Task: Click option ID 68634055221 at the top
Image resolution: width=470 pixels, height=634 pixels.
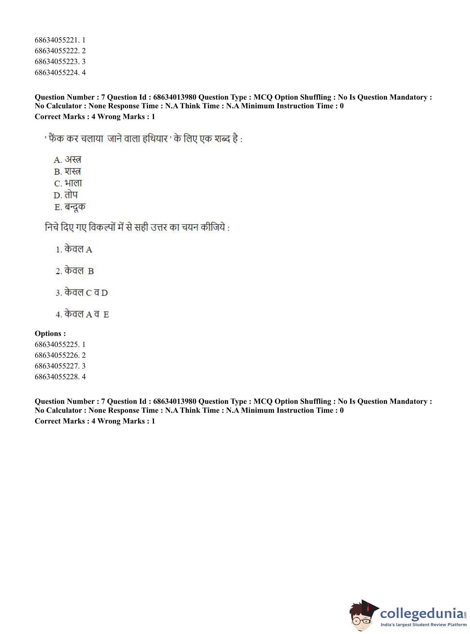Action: [60, 40]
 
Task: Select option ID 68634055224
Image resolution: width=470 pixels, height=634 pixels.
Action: [60, 72]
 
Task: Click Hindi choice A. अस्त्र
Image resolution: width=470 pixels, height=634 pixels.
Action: [67, 160]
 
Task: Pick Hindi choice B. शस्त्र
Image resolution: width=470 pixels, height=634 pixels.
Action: [67, 172]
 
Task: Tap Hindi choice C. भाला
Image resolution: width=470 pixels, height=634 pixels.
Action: [68, 183]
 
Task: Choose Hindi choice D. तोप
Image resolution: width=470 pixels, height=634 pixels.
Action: [66, 195]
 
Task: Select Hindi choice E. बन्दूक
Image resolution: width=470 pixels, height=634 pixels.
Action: [70, 207]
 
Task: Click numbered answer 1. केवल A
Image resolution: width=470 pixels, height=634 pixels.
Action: [74, 249]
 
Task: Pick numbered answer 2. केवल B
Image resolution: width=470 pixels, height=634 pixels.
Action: [75, 271]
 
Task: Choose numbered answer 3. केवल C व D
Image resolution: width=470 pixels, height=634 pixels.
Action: [82, 292]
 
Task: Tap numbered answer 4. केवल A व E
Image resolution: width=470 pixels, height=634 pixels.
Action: [82, 314]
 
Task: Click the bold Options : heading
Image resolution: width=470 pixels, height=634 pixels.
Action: [50, 333]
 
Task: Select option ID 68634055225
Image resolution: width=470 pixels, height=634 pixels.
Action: [60, 344]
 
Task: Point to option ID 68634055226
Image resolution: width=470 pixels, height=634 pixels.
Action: [60, 355]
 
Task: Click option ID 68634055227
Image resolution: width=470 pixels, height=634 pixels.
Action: [60, 366]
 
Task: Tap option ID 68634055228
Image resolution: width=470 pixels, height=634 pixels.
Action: [60, 377]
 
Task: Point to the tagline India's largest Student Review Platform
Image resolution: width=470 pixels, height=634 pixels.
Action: [423, 625]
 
